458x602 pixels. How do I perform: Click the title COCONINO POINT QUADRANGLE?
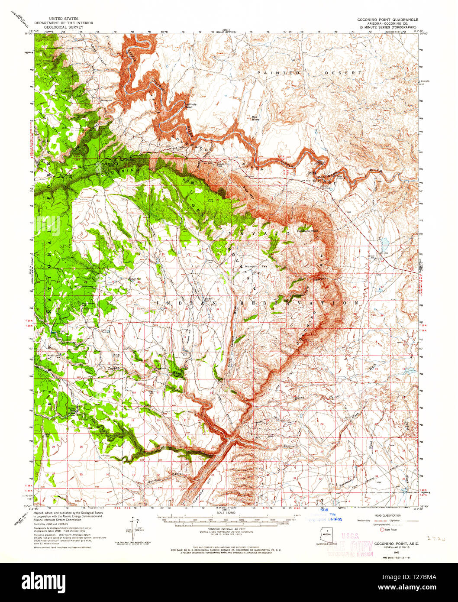[387, 19]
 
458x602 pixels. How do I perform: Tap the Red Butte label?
[255, 118]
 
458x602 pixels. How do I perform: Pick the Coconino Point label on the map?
[308, 231]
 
